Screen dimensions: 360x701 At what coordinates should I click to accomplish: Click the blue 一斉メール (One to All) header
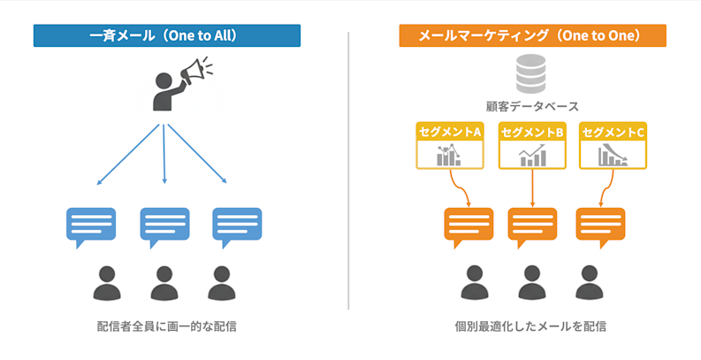(x=167, y=35)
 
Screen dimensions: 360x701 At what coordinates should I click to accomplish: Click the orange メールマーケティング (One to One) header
(x=532, y=35)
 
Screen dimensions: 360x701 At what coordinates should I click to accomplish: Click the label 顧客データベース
(x=531, y=106)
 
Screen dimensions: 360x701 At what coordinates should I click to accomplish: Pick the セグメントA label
(x=449, y=132)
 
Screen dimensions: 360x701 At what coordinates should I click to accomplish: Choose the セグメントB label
(x=531, y=132)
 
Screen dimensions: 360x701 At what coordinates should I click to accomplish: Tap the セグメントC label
(x=613, y=132)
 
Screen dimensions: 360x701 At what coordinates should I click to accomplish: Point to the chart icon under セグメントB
(x=531, y=157)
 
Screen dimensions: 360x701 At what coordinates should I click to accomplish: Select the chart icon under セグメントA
(x=449, y=157)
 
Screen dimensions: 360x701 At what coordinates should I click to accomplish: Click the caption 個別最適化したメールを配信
(x=531, y=326)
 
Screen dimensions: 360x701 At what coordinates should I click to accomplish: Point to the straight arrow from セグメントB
(x=531, y=188)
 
